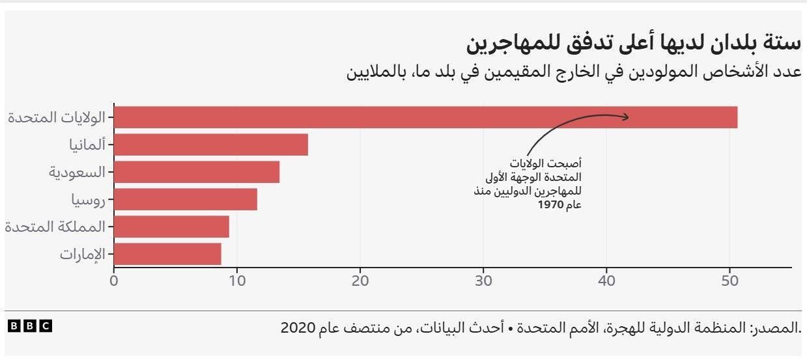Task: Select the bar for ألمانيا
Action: click(211, 145)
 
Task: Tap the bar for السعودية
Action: click(197, 172)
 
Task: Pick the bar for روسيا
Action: click(186, 199)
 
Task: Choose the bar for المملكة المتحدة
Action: click(171, 227)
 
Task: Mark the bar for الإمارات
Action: click(167, 254)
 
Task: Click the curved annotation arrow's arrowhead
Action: click(626, 117)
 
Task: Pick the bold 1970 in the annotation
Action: click(550, 205)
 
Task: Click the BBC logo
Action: click(29, 326)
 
